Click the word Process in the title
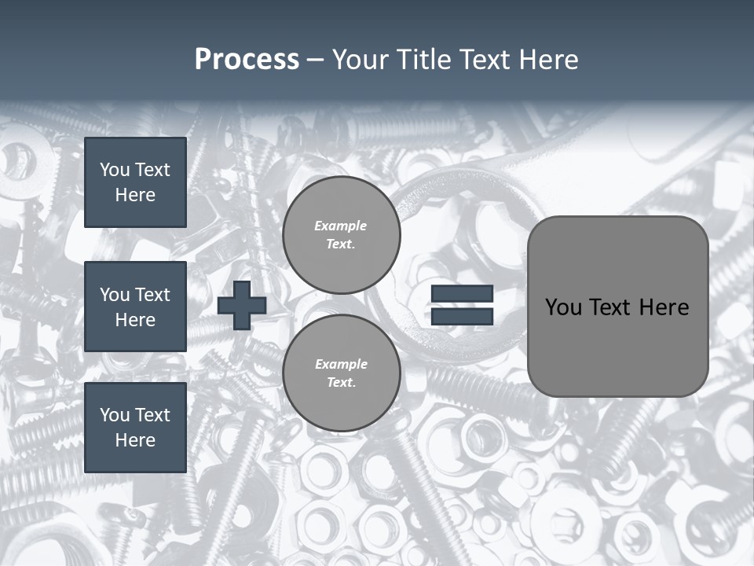(247, 60)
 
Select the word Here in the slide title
(548, 60)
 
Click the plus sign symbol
(241, 305)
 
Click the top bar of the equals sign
(462, 294)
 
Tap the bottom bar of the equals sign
(462, 317)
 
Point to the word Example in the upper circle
(340, 226)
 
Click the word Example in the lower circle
(341, 364)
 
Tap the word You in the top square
(115, 170)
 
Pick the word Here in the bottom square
(135, 440)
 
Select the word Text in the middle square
(152, 295)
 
